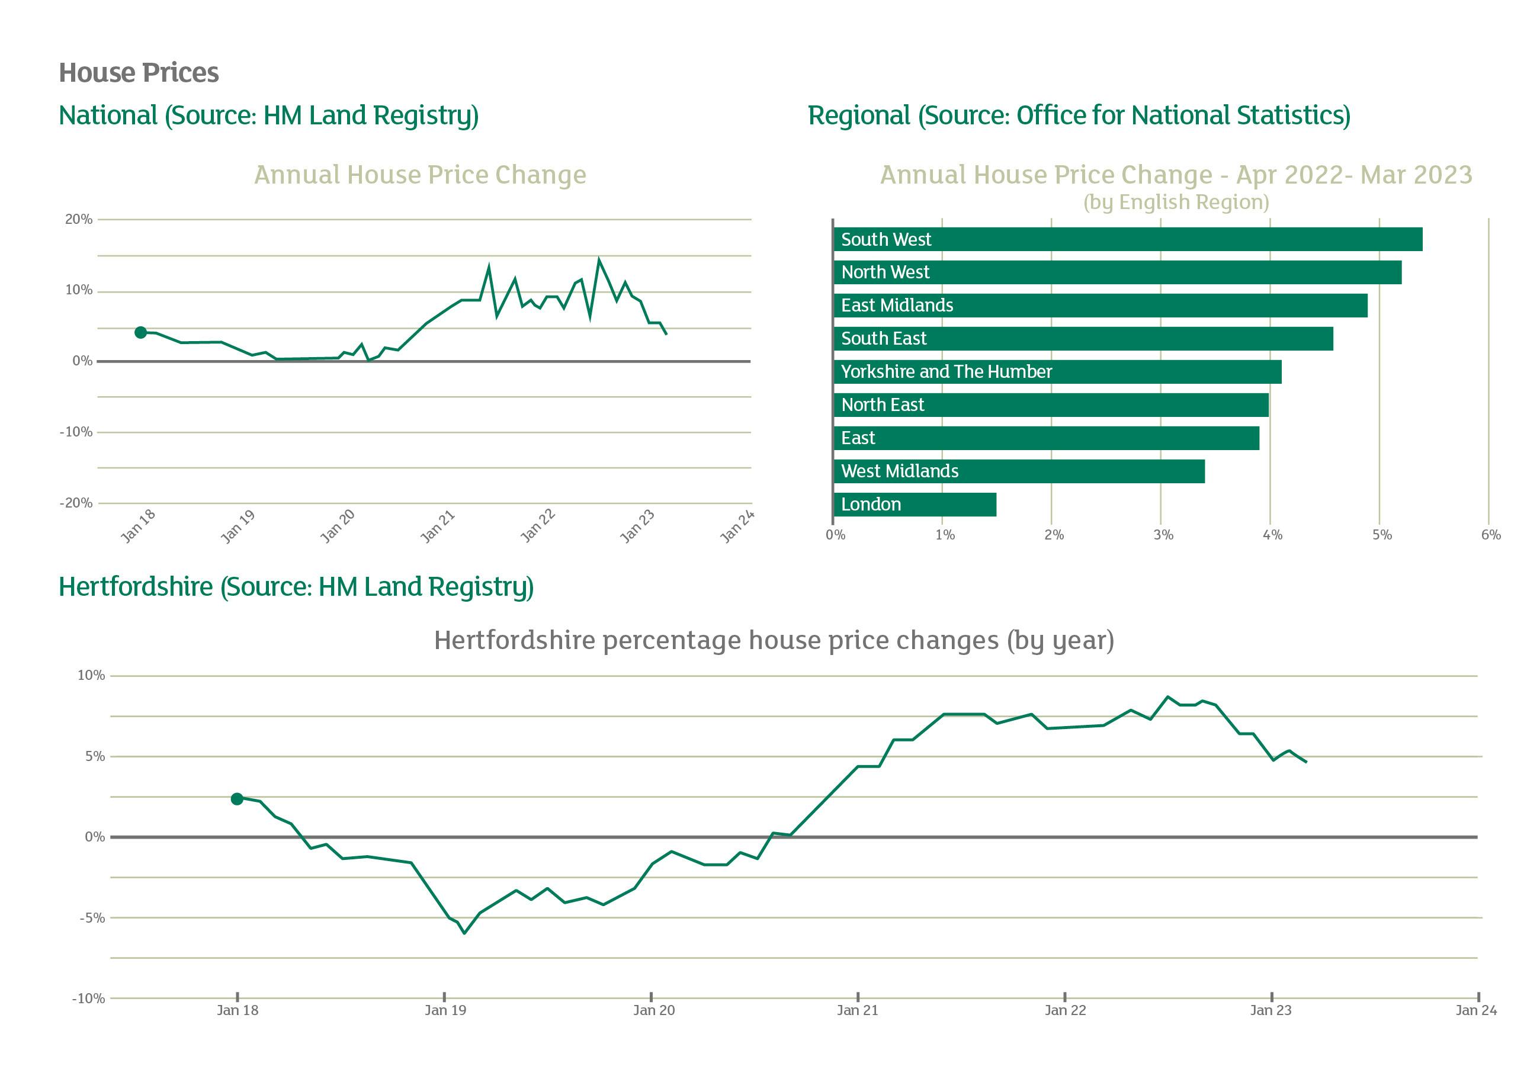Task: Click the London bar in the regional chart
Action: (915, 505)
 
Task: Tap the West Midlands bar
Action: (1018, 471)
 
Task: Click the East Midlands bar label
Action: (897, 305)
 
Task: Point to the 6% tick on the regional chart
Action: (1491, 535)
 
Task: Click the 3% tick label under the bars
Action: (1163, 535)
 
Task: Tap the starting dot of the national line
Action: (140, 333)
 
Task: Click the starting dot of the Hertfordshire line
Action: (237, 799)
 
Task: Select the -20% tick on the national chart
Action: (77, 503)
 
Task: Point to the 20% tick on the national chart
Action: (79, 219)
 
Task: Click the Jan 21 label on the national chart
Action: (438, 526)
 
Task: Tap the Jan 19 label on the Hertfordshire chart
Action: (445, 1010)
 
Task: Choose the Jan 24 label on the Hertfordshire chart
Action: (1476, 1010)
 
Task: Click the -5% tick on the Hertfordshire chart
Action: (92, 918)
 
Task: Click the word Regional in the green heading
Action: (859, 115)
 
